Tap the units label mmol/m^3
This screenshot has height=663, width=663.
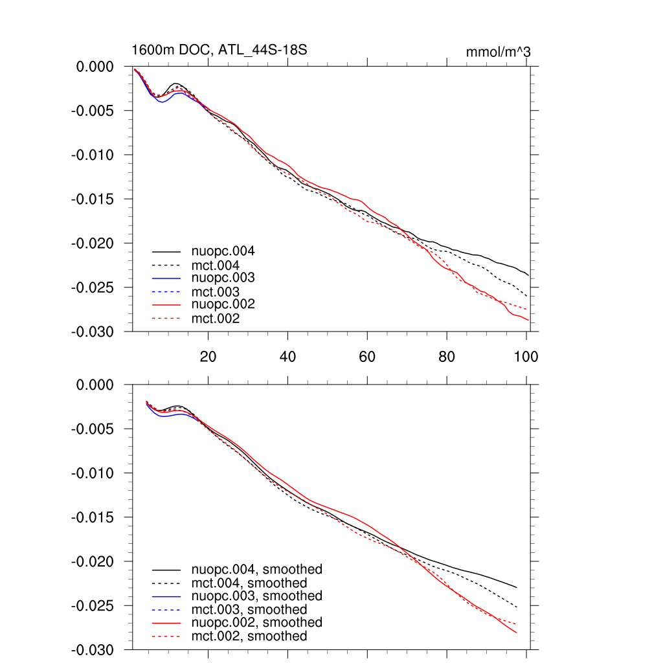tap(499, 52)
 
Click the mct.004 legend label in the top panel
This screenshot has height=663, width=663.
tap(215, 265)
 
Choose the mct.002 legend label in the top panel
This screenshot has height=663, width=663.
tap(215, 319)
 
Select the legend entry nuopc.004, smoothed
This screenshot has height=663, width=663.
tap(257, 570)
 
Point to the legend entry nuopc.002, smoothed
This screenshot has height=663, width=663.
tap(257, 622)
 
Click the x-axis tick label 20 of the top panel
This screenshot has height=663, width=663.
tap(208, 357)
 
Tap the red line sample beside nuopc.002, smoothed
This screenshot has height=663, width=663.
tap(166, 622)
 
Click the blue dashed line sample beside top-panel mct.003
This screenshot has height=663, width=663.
tap(166, 291)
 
